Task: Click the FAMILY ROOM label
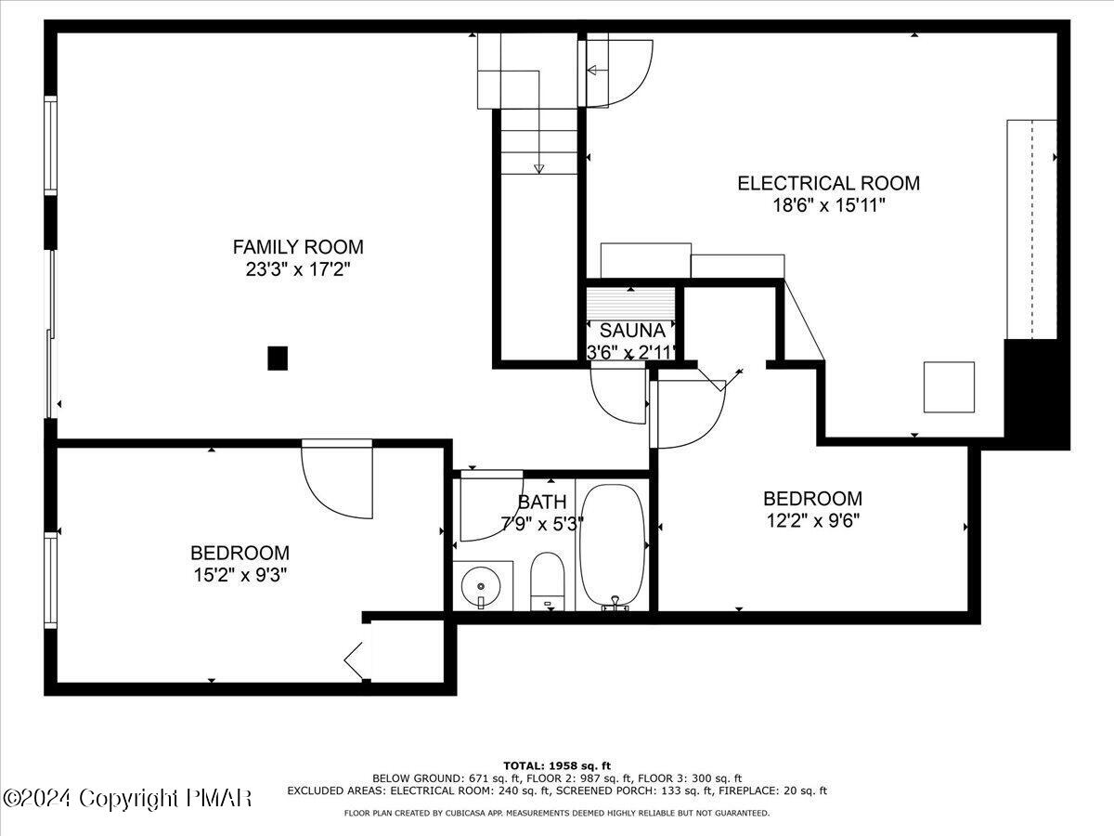pos(297,247)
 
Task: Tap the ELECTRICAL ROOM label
pos(828,183)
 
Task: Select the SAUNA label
pos(631,331)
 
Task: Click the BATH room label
pos(541,503)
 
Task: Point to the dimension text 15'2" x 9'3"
pos(240,575)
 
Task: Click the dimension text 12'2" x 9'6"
pos(812,521)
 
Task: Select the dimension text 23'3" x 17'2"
pos(297,270)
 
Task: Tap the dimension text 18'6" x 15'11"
pos(828,206)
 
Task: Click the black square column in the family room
pos(277,358)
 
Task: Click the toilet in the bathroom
pos(547,581)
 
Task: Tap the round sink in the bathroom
pos(481,587)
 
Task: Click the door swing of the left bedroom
pos(339,478)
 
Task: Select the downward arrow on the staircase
pos(538,166)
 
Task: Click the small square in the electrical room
pos(949,387)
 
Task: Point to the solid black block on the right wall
pos(1036,392)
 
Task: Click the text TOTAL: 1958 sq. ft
pos(557,764)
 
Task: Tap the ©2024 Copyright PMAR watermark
pos(127,798)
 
